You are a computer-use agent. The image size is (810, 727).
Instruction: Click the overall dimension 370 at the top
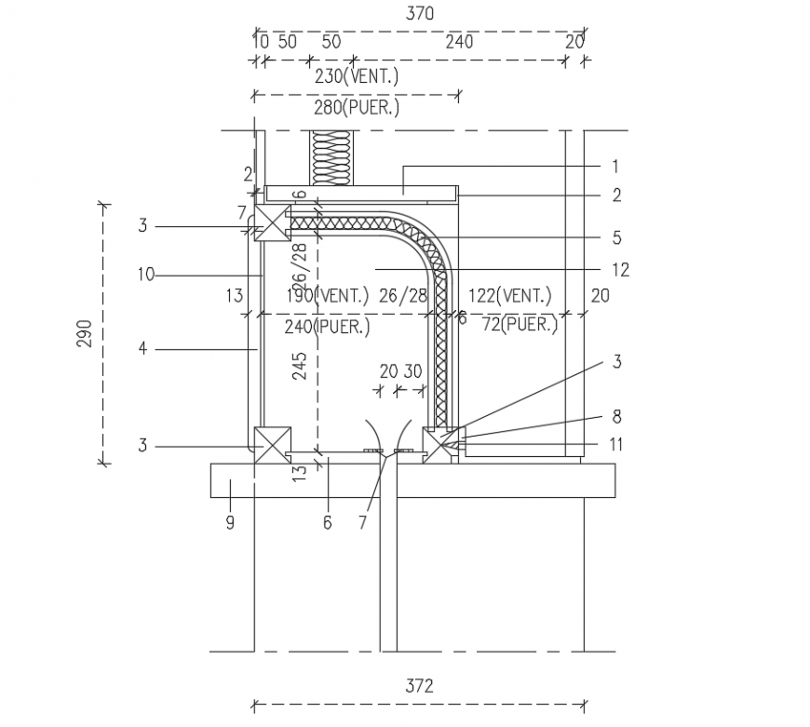[420, 14]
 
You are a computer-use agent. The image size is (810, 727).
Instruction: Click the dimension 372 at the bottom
[420, 687]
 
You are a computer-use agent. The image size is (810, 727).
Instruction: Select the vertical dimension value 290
[84, 332]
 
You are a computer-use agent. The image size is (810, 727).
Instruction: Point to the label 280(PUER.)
[357, 108]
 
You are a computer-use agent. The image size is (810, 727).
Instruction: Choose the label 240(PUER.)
[327, 327]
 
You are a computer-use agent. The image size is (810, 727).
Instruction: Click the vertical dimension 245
[299, 368]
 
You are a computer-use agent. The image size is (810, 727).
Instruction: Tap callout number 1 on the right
[615, 167]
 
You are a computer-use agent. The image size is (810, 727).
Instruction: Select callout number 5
[616, 237]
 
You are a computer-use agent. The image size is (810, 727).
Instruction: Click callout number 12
[620, 270]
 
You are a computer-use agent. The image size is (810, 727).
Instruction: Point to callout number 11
[615, 445]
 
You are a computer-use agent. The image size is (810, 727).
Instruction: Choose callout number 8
[615, 417]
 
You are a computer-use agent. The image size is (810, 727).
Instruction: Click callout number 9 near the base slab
[230, 523]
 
